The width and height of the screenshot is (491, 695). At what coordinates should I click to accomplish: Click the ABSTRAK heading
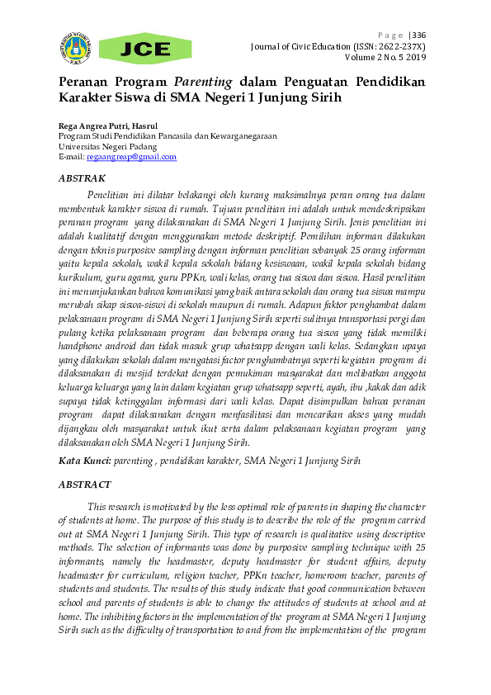coord(82,178)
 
